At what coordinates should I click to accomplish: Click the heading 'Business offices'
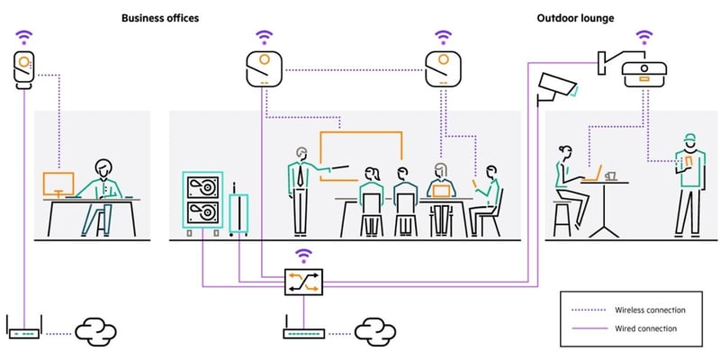pyautogui.click(x=160, y=17)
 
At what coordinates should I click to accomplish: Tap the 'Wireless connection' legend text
pyautogui.click(x=650, y=310)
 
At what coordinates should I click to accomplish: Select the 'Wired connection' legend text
pyautogui.click(x=645, y=328)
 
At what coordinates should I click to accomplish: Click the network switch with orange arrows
pyautogui.click(x=303, y=282)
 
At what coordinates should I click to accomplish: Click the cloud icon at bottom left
pyautogui.click(x=94, y=332)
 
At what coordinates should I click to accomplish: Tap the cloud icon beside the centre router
pyautogui.click(x=376, y=332)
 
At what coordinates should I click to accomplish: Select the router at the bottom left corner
pyautogui.click(x=24, y=331)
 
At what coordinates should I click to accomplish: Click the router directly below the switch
pyautogui.click(x=303, y=332)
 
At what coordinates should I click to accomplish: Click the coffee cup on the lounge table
pyautogui.click(x=610, y=175)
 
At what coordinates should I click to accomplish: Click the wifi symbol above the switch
pyautogui.click(x=303, y=255)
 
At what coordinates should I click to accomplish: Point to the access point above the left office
pyautogui.click(x=24, y=70)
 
